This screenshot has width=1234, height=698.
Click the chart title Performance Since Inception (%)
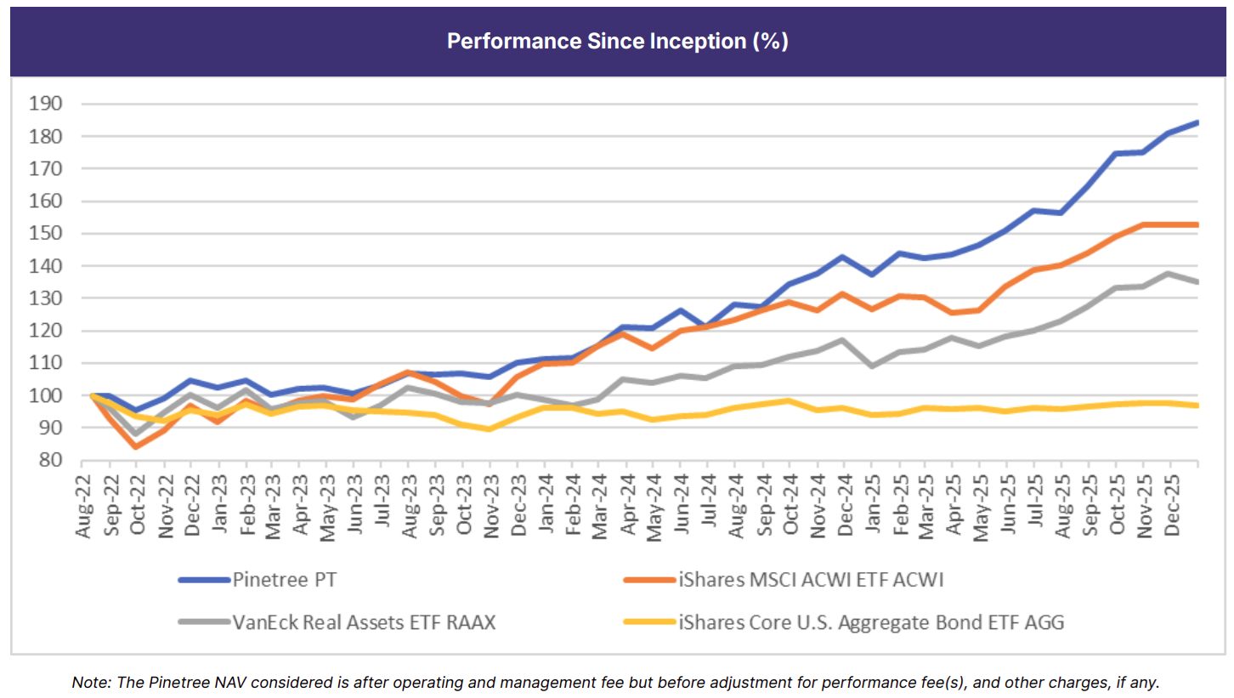point(617,42)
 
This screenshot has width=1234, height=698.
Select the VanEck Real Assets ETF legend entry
point(364,622)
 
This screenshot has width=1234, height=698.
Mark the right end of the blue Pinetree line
point(1197,122)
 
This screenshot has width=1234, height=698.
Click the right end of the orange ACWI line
point(1197,224)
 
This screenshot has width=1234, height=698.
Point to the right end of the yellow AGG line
point(1197,406)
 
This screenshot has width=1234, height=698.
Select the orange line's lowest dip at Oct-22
point(136,446)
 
